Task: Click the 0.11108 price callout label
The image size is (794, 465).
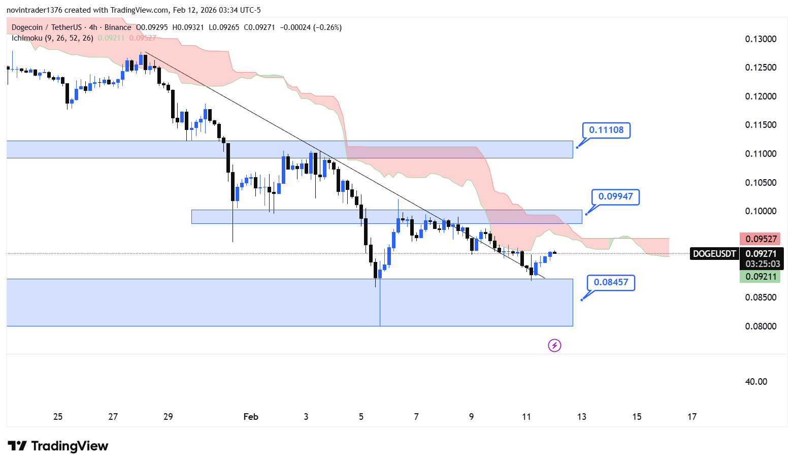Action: [606, 130]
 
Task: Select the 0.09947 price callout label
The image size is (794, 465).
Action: [615, 197]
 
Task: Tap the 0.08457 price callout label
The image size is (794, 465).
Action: [611, 283]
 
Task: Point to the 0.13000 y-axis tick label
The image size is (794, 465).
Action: [760, 39]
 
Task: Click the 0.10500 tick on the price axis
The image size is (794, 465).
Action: [760, 183]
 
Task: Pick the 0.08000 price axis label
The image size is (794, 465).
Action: [760, 326]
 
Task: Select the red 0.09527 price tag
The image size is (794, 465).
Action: [760, 239]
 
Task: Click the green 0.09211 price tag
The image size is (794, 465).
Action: [760, 277]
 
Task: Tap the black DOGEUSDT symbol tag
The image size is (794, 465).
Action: [714, 254]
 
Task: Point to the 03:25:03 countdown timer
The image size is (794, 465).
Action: [763, 264]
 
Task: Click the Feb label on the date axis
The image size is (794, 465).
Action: [251, 417]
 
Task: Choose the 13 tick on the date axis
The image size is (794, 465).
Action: [582, 417]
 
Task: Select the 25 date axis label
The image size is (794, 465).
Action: [58, 417]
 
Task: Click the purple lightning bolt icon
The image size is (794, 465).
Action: [554, 346]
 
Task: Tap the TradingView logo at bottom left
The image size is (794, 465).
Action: [58, 446]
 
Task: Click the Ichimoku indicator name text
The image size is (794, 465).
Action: [27, 38]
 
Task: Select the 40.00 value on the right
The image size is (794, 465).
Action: [756, 382]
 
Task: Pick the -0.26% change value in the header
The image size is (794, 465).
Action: [328, 27]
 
